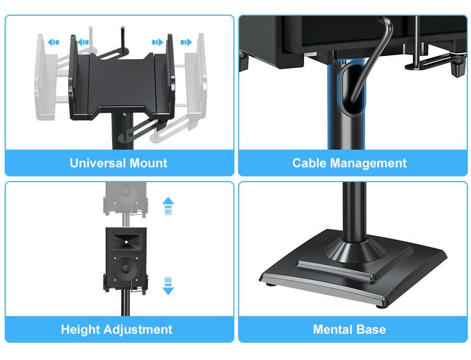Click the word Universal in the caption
(x=98, y=163)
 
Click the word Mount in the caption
(x=149, y=163)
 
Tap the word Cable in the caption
(x=309, y=163)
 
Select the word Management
(x=368, y=164)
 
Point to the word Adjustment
(x=138, y=330)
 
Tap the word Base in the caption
(x=371, y=329)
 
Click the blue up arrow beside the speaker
(x=168, y=206)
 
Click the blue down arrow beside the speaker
(x=168, y=286)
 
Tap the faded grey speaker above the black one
(x=125, y=198)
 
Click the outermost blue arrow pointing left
(x=53, y=42)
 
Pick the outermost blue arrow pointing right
(x=186, y=42)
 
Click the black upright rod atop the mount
(x=123, y=39)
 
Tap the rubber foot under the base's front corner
(x=381, y=306)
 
